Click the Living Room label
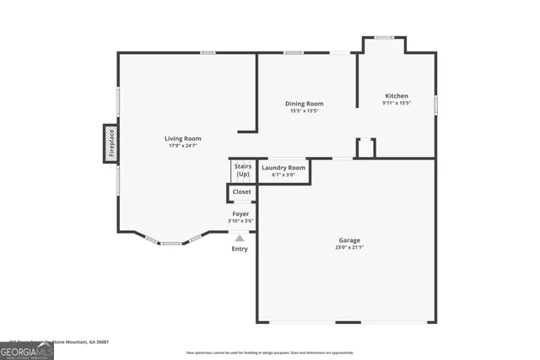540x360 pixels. (182, 138)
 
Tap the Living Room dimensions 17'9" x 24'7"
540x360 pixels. (182, 146)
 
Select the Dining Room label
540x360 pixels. (305, 104)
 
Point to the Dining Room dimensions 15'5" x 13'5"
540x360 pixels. (305, 110)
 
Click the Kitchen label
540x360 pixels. (397, 96)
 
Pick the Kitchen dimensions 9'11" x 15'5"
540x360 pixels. (397, 103)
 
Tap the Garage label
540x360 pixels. (349, 240)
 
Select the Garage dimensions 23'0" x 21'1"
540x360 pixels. (349, 247)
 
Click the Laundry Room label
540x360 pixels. (283, 168)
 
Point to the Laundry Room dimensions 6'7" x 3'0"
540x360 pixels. (283, 175)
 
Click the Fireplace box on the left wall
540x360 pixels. (110, 144)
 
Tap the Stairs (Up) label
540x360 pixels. (242, 170)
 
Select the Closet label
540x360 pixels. (242, 191)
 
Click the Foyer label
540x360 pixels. (241, 214)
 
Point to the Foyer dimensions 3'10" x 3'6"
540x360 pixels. (241, 221)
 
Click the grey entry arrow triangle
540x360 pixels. (240, 239)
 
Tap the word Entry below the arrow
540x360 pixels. (240, 249)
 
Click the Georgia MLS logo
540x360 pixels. (26, 351)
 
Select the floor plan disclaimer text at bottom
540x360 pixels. (270, 352)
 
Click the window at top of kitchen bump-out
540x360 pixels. (384, 37)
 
